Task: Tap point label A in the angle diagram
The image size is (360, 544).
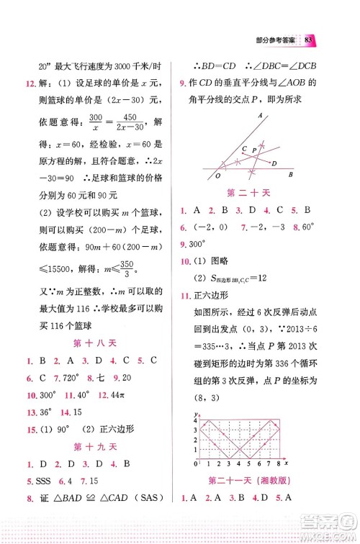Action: [x=260, y=115]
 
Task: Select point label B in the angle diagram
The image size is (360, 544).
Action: [x=290, y=174]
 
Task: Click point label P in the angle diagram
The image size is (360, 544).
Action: [x=254, y=148]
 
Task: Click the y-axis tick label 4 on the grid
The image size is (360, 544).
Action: [x=195, y=420]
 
